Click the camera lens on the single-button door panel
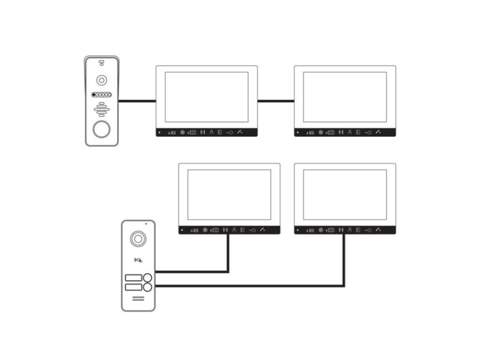point(101,80)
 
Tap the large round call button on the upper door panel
point(101,129)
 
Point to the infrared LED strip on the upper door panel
point(101,94)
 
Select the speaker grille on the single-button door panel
point(101,109)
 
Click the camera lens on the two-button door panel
point(138,239)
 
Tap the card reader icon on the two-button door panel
point(138,259)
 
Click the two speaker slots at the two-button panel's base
point(138,299)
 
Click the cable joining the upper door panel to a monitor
point(137,100)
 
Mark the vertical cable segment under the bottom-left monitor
point(228,252)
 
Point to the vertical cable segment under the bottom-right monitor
point(345,260)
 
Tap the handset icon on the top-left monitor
point(240,132)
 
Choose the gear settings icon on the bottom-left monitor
point(205,230)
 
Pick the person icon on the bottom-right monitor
point(350,230)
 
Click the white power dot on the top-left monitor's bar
point(159,133)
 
